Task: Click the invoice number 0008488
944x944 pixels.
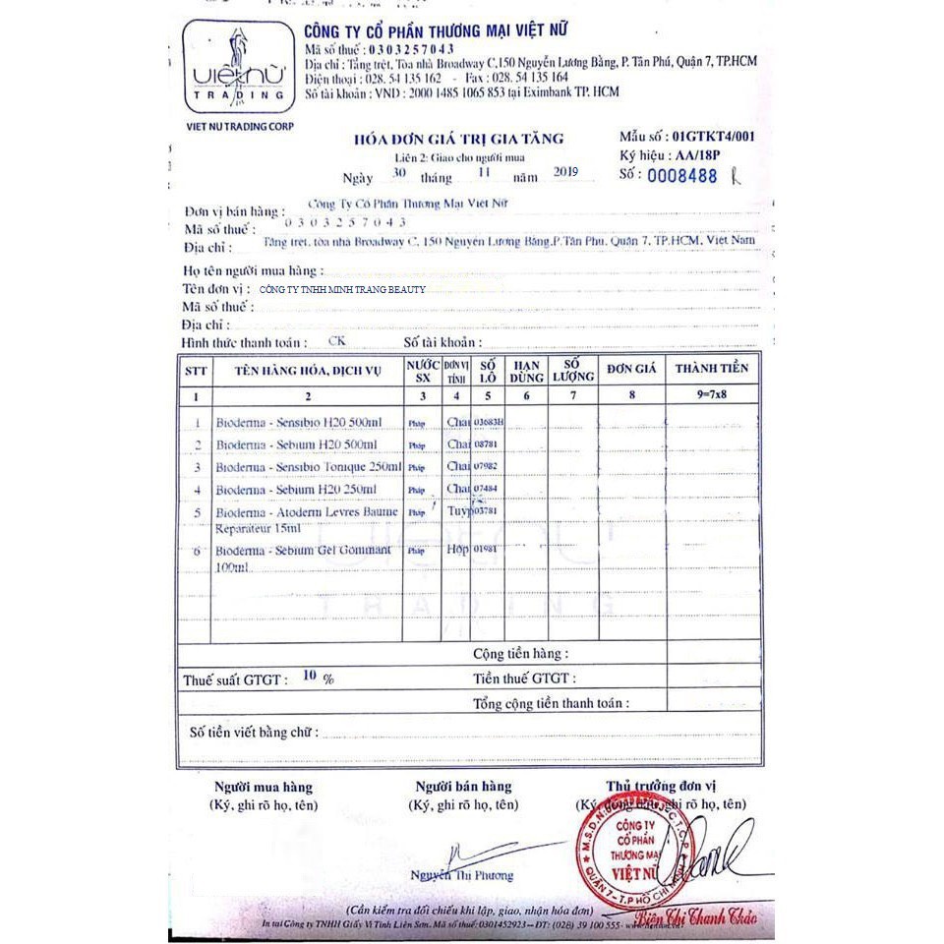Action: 681,176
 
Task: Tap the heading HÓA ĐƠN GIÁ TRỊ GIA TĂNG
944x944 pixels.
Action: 458,139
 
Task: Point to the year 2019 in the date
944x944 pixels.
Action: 565,172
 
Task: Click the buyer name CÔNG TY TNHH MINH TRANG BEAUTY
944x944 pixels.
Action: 341,289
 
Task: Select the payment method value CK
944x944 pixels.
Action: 336,341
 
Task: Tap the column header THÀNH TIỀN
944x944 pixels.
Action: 712,368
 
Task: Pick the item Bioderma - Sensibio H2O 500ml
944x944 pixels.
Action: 298,422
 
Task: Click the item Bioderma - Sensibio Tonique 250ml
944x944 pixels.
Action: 308,466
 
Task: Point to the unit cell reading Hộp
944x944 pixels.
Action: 458,549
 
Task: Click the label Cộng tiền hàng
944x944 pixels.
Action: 519,653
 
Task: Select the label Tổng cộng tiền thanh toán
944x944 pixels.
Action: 550,703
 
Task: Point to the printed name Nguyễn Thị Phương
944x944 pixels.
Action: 461,875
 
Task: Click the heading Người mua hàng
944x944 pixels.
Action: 264,787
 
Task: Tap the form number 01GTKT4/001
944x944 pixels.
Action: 712,137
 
